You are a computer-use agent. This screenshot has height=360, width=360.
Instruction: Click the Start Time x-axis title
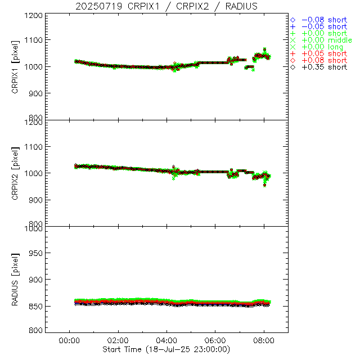167,349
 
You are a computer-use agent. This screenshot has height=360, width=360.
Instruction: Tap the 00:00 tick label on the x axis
69,341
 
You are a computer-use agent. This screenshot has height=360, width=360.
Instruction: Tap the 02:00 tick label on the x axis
118,341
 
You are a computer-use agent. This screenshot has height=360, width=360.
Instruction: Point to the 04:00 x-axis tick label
166,341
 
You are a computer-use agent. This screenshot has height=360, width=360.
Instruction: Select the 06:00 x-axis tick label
215,341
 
